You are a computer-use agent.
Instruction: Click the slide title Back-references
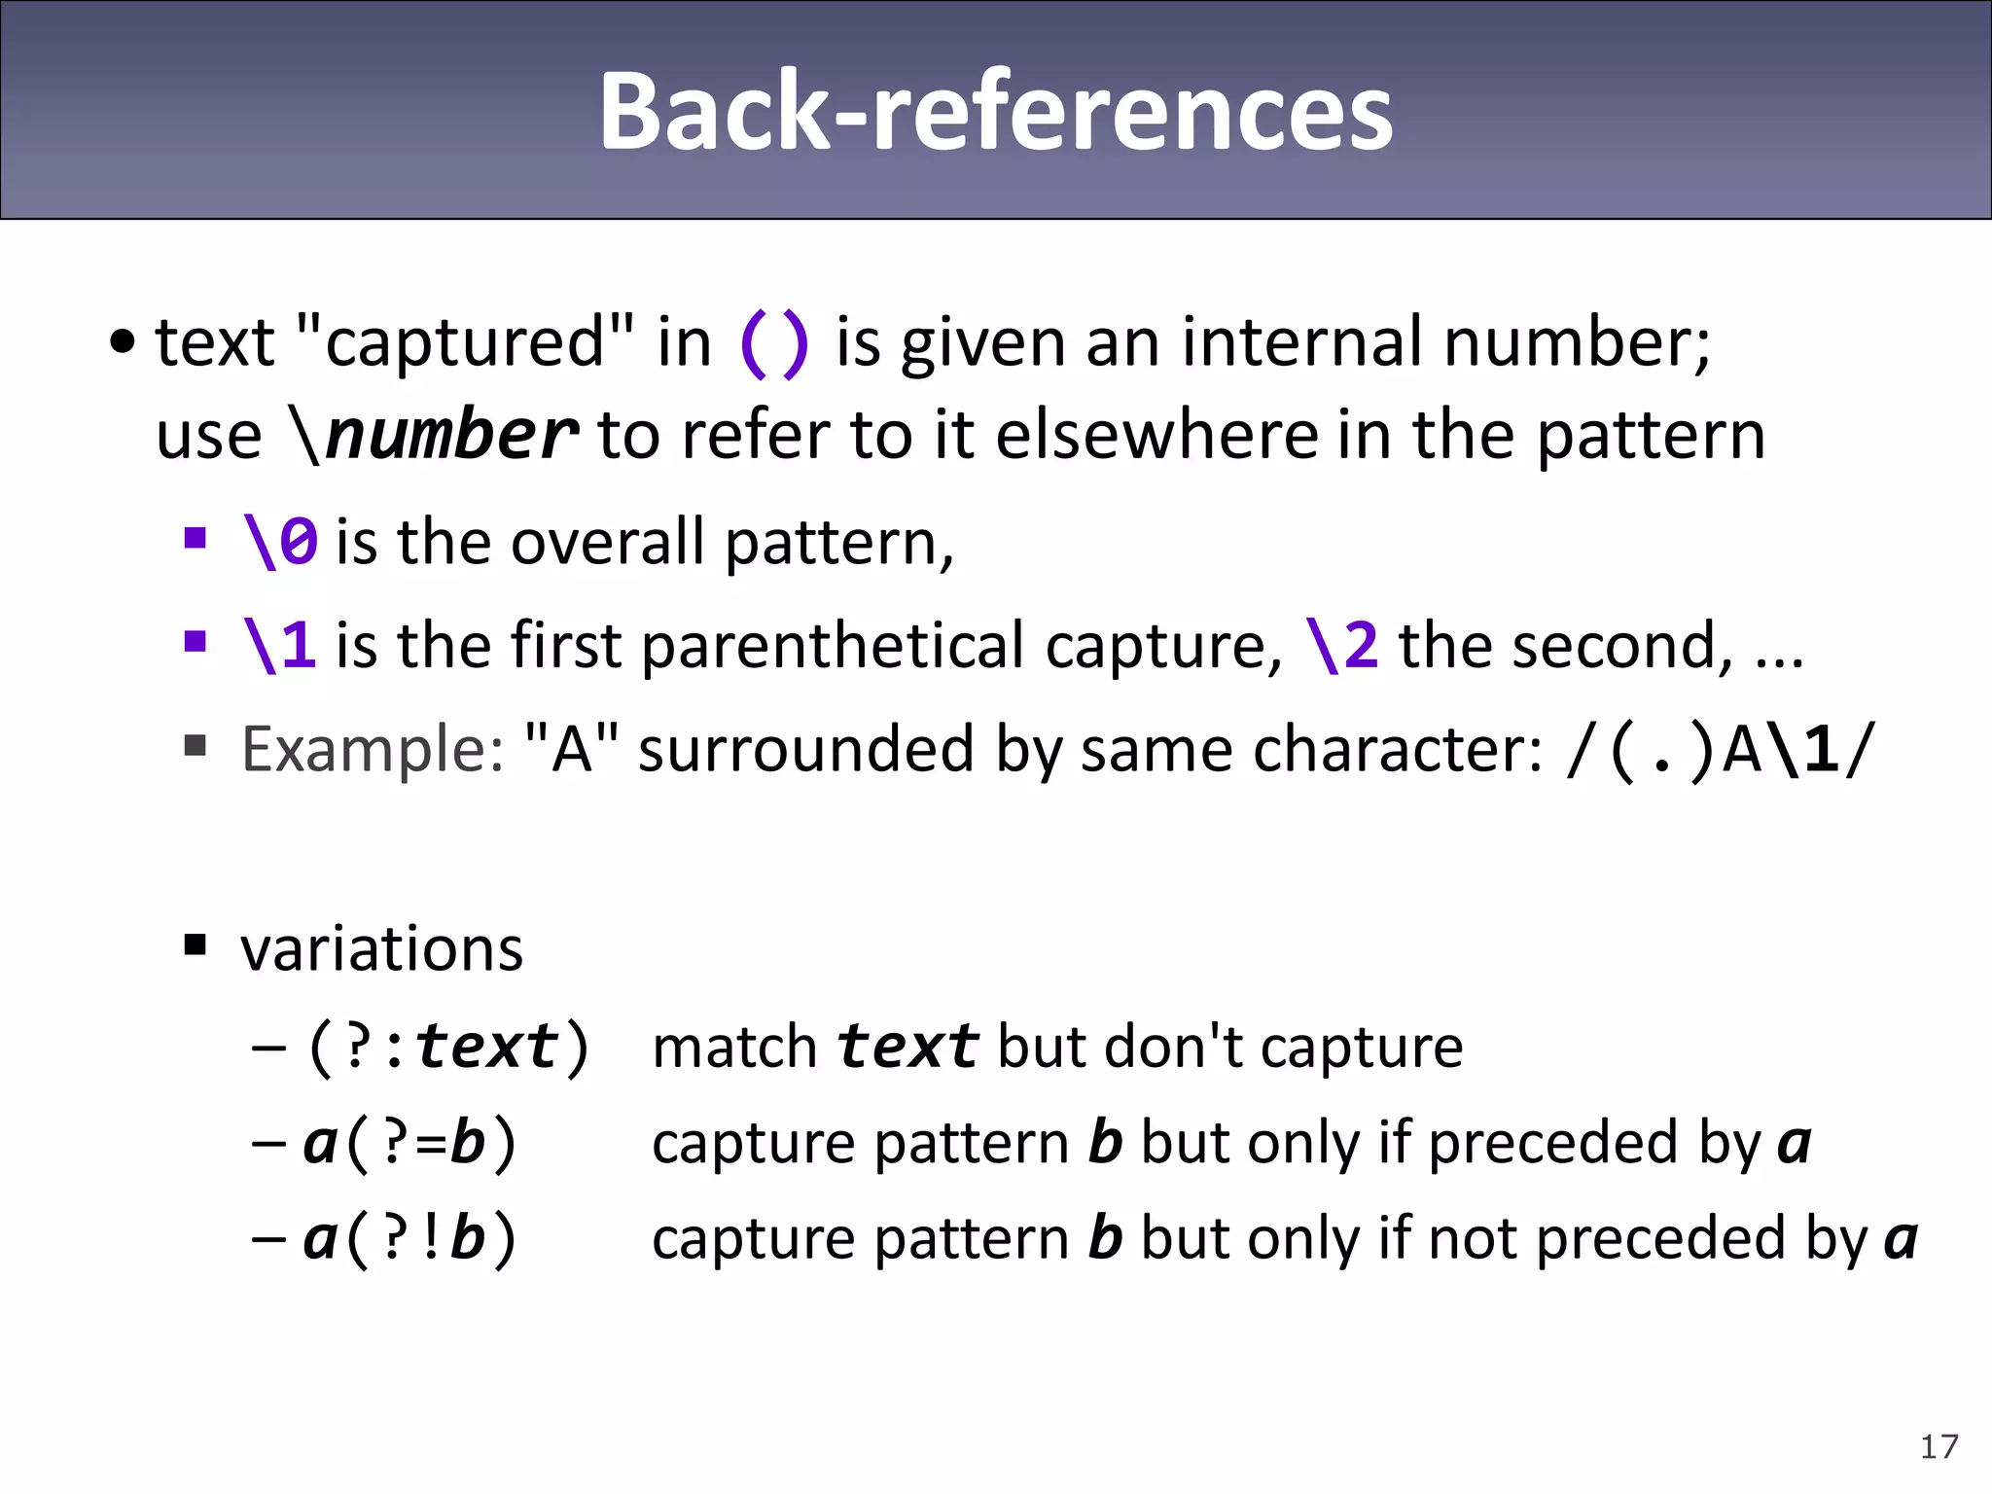pyautogui.click(x=996, y=112)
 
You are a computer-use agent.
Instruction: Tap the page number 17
pyautogui.click(x=1939, y=1447)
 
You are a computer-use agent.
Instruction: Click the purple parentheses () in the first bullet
pyautogui.click(x=774, y=343)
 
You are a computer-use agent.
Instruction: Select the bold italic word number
pyautogui.click(x=451, y=435)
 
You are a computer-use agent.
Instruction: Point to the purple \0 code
pyautogui.click(x=280, y=542)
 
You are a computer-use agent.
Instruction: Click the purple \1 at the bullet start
pyautogui.click(x=280, y=646)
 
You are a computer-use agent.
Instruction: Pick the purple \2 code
pyautogui.click(x=1341, y=646)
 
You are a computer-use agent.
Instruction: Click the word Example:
pyautogui.click(x=373, y=749)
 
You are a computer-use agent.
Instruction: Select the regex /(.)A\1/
pyautogui.click(x=1719, y=750)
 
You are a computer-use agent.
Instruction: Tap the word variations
pyautogui.click(x=381, y=948)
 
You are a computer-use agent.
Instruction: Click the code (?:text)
pyautogui.click(x=447, y=1048)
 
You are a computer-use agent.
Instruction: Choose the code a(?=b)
pyautogui.click(x=409, y=1143)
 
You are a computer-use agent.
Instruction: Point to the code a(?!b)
pyautogui.click(x=409, y=1238)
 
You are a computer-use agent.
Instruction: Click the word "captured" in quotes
pyautogui.click(x=464, y=343)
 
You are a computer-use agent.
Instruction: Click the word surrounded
pyautogui.click(x=806, y=749)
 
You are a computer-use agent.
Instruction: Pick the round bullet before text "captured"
pyautogui.click(x=123, y=343)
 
